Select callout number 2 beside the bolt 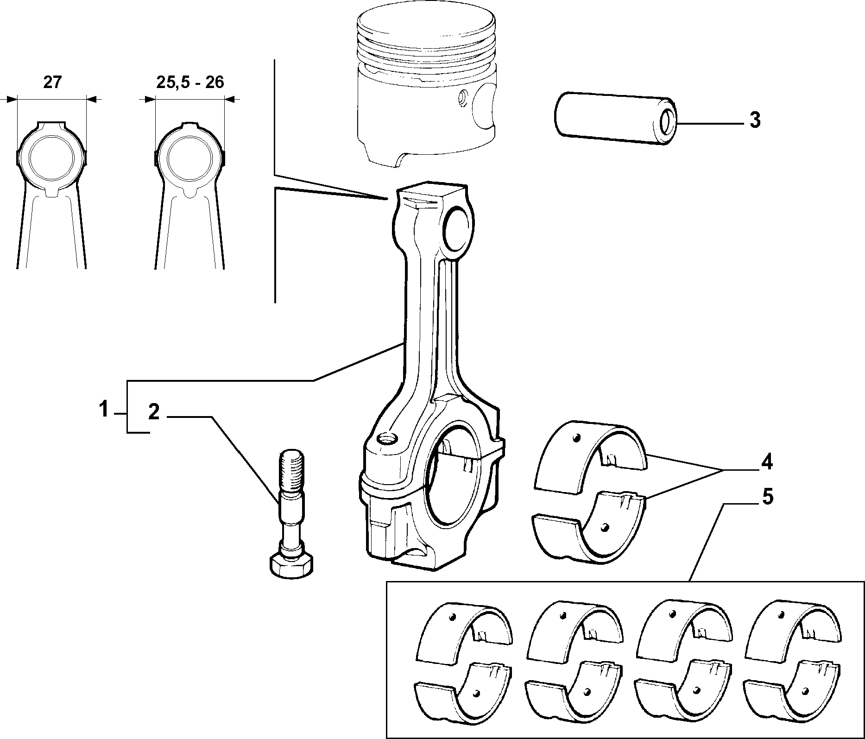click(x=154, y=412)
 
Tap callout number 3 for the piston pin click(x=755, y=120)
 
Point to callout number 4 click(x=767, y=462)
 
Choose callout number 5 click(x=767, y=498)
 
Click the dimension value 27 click(x=52, y=82)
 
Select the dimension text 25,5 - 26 click(x=190, y=82)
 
